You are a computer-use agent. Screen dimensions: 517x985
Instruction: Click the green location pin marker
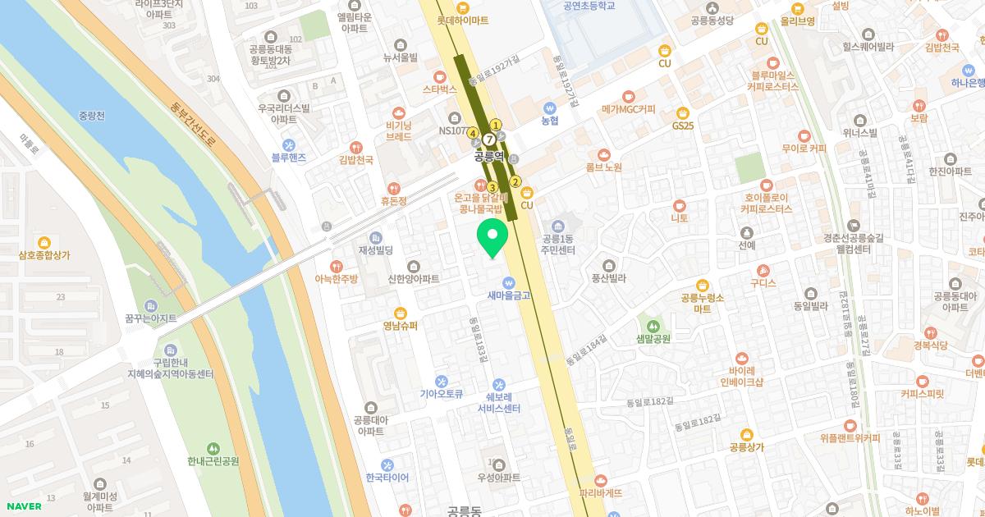click(492, 238)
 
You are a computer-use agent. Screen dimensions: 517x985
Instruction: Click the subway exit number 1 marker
click(496, 125)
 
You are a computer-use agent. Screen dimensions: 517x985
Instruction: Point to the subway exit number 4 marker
click(473, 133)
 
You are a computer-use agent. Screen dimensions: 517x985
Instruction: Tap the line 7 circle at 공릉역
click(489, 140)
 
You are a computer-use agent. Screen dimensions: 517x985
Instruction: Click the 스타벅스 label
click(440, 89)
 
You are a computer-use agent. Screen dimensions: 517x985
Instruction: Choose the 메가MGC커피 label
click(629, 108)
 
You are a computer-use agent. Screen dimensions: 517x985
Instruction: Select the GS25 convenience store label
click(683, 126)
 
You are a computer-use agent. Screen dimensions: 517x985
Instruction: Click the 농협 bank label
click(550, 120)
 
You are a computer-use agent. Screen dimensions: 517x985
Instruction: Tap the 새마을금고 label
click(509, 295)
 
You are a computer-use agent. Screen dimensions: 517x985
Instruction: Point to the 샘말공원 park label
click(653, 337)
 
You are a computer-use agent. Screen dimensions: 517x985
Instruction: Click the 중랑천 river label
click(91, 116)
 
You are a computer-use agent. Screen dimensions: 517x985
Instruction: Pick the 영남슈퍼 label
click(401, 325)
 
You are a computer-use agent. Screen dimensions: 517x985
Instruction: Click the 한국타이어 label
click(387, 478)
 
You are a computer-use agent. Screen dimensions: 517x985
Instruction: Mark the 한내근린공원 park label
click(213, 460)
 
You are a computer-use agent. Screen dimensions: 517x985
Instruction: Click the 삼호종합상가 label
click(44, 254)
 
